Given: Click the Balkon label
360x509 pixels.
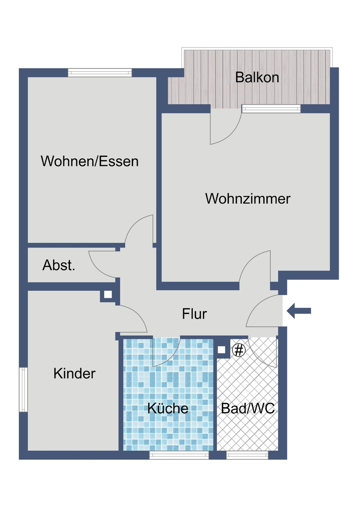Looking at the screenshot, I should [257, 78].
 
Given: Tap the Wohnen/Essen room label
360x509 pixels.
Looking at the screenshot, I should [90, 161].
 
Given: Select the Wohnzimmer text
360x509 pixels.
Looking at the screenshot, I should [248, 199].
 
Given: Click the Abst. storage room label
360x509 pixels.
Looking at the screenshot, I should [59, 265].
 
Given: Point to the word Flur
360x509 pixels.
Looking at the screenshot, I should [194, 314].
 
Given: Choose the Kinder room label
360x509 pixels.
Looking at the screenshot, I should [75, 373].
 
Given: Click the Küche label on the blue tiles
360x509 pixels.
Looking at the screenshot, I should [168, 408].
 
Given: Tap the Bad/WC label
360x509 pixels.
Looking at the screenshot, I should [248, 408].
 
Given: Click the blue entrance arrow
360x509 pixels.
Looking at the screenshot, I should [299, 311].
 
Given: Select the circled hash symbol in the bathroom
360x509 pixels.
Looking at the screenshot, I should [239, 350].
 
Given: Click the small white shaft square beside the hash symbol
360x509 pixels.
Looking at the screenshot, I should [221, 350].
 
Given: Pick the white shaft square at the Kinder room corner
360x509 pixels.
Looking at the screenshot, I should [108, 295].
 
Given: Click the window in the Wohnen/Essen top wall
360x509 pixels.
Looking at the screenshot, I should [100, 73].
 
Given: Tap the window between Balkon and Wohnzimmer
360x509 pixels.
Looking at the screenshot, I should [271, 109].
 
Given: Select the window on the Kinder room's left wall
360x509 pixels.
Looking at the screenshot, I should [23, 389].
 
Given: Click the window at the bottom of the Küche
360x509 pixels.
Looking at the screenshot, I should [179, 455].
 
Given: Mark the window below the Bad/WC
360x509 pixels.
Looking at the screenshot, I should [247, 455].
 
